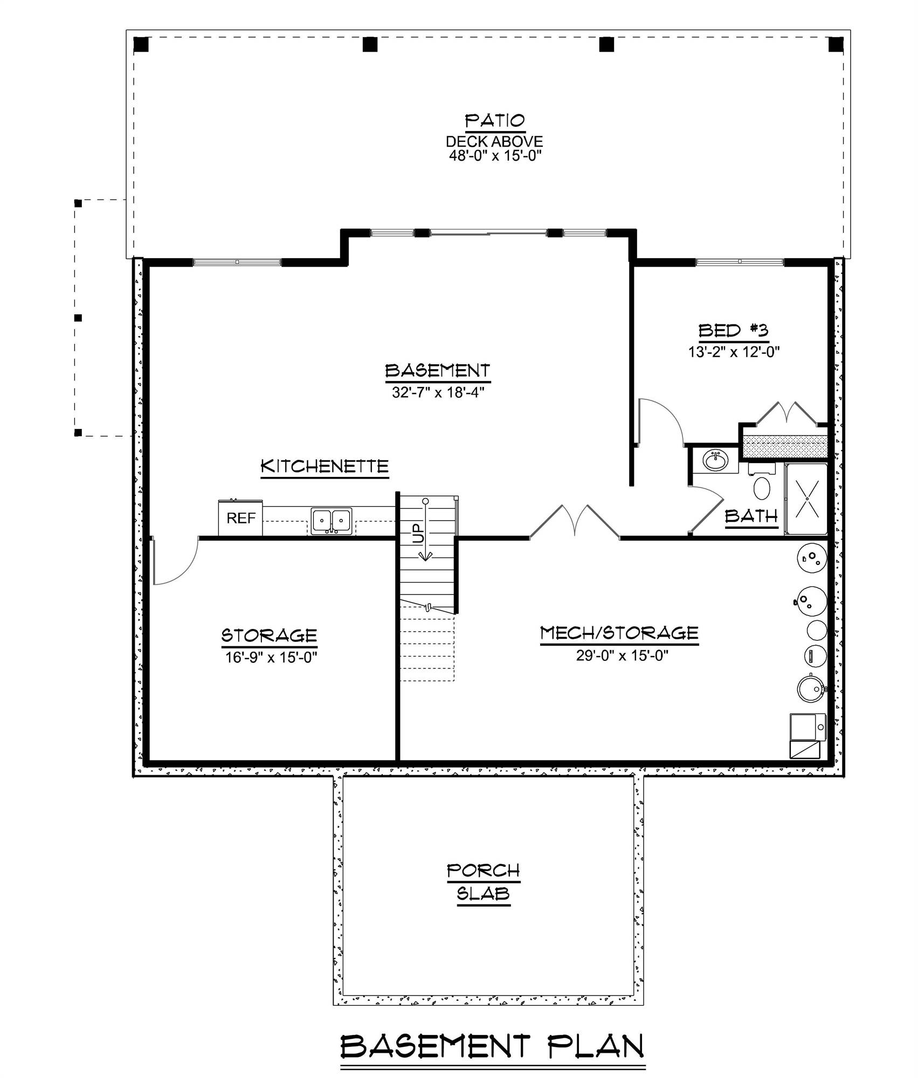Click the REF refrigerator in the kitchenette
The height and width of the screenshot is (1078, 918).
(240, 518)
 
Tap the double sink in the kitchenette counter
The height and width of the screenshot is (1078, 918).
(332, 521)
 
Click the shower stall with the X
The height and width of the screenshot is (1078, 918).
(806, 499)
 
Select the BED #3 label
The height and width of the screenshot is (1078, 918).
(733, 330)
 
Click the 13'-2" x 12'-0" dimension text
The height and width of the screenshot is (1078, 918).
(734, 352)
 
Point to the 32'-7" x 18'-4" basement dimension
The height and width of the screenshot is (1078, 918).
(438, 392)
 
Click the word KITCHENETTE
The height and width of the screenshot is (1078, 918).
(325, 466)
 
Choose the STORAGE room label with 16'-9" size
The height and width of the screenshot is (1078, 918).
(269, 635)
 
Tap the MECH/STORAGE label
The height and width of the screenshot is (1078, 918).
(619, 633)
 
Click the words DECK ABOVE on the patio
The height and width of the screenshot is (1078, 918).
(494, 142)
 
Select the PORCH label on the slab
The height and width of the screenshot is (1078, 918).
(484, 870)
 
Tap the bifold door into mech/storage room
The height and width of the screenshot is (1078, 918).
(575, 521)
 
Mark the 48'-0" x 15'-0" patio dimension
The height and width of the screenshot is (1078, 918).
(495, 156)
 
